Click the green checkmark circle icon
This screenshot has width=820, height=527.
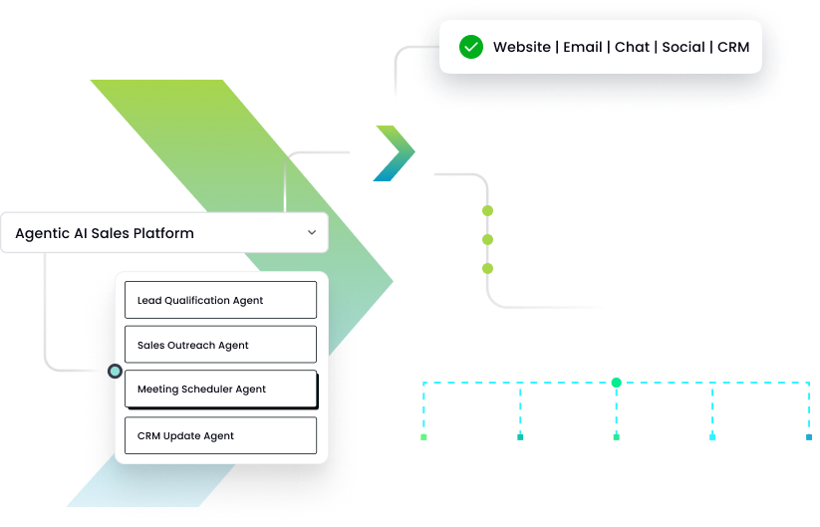pyautogui.click(x=471, y=47)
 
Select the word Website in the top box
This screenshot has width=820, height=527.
pyautogui.click(x=522, y=47)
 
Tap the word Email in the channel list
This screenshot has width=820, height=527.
pyautogui.click(x=583, y=47)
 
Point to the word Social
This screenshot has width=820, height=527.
pyautogui.click(x=683, y=47)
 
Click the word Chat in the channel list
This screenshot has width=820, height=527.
pyautogui.click(x=632, y=47)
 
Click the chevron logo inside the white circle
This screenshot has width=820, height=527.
pyautogui.click(x=394, y=154)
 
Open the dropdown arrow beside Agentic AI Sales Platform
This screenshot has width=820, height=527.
pyautogui.click(x=312, y=233)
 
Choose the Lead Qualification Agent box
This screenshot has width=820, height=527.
pyautogui.click(x=220, y=300)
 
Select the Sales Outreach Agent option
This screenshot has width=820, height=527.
pyautogui.click(x=220, y=345)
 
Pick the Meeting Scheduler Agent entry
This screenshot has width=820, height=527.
pyautogui.click(x=220, y=390)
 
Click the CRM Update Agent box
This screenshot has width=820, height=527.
pyautogui.click(x=220, y=435)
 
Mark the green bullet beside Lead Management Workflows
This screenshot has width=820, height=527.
pyautogui.click(x=488, y=211)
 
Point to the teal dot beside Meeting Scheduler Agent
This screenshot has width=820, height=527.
pyautogui.click(x=116, y=371)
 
